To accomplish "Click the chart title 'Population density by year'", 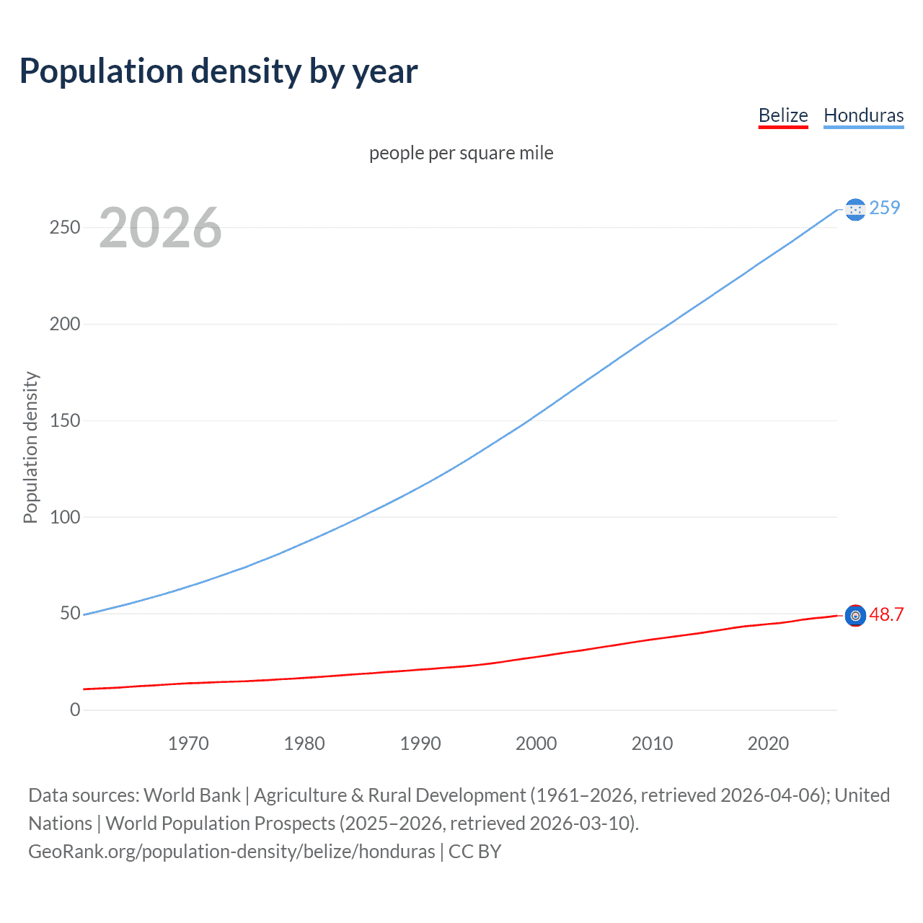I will pos(218,71).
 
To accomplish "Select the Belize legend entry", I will pos(783,115).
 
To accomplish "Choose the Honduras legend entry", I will pos(863,115).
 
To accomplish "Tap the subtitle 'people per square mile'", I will pos(461,153).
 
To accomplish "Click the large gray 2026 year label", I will pos(160,228).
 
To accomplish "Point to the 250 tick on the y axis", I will pos(65,227).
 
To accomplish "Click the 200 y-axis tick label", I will pos(65,324).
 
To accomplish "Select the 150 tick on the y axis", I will pos(65,420).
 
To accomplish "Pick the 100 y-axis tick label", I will pos(65,517).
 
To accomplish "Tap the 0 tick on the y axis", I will pos(75,710).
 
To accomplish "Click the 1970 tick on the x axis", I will pos(188,743).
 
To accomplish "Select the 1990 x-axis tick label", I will pos(420,743).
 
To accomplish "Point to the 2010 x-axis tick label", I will pos(652,743).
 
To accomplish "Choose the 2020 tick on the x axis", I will pos(768,743).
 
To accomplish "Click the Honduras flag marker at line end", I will pos(855,209).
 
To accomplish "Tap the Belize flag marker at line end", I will pos(855,615).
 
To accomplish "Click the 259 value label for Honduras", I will pos(885,208).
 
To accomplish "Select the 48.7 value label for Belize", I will pos(886,614).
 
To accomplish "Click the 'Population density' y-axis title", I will pos(30,447).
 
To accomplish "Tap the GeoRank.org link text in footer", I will pos(231,852).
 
